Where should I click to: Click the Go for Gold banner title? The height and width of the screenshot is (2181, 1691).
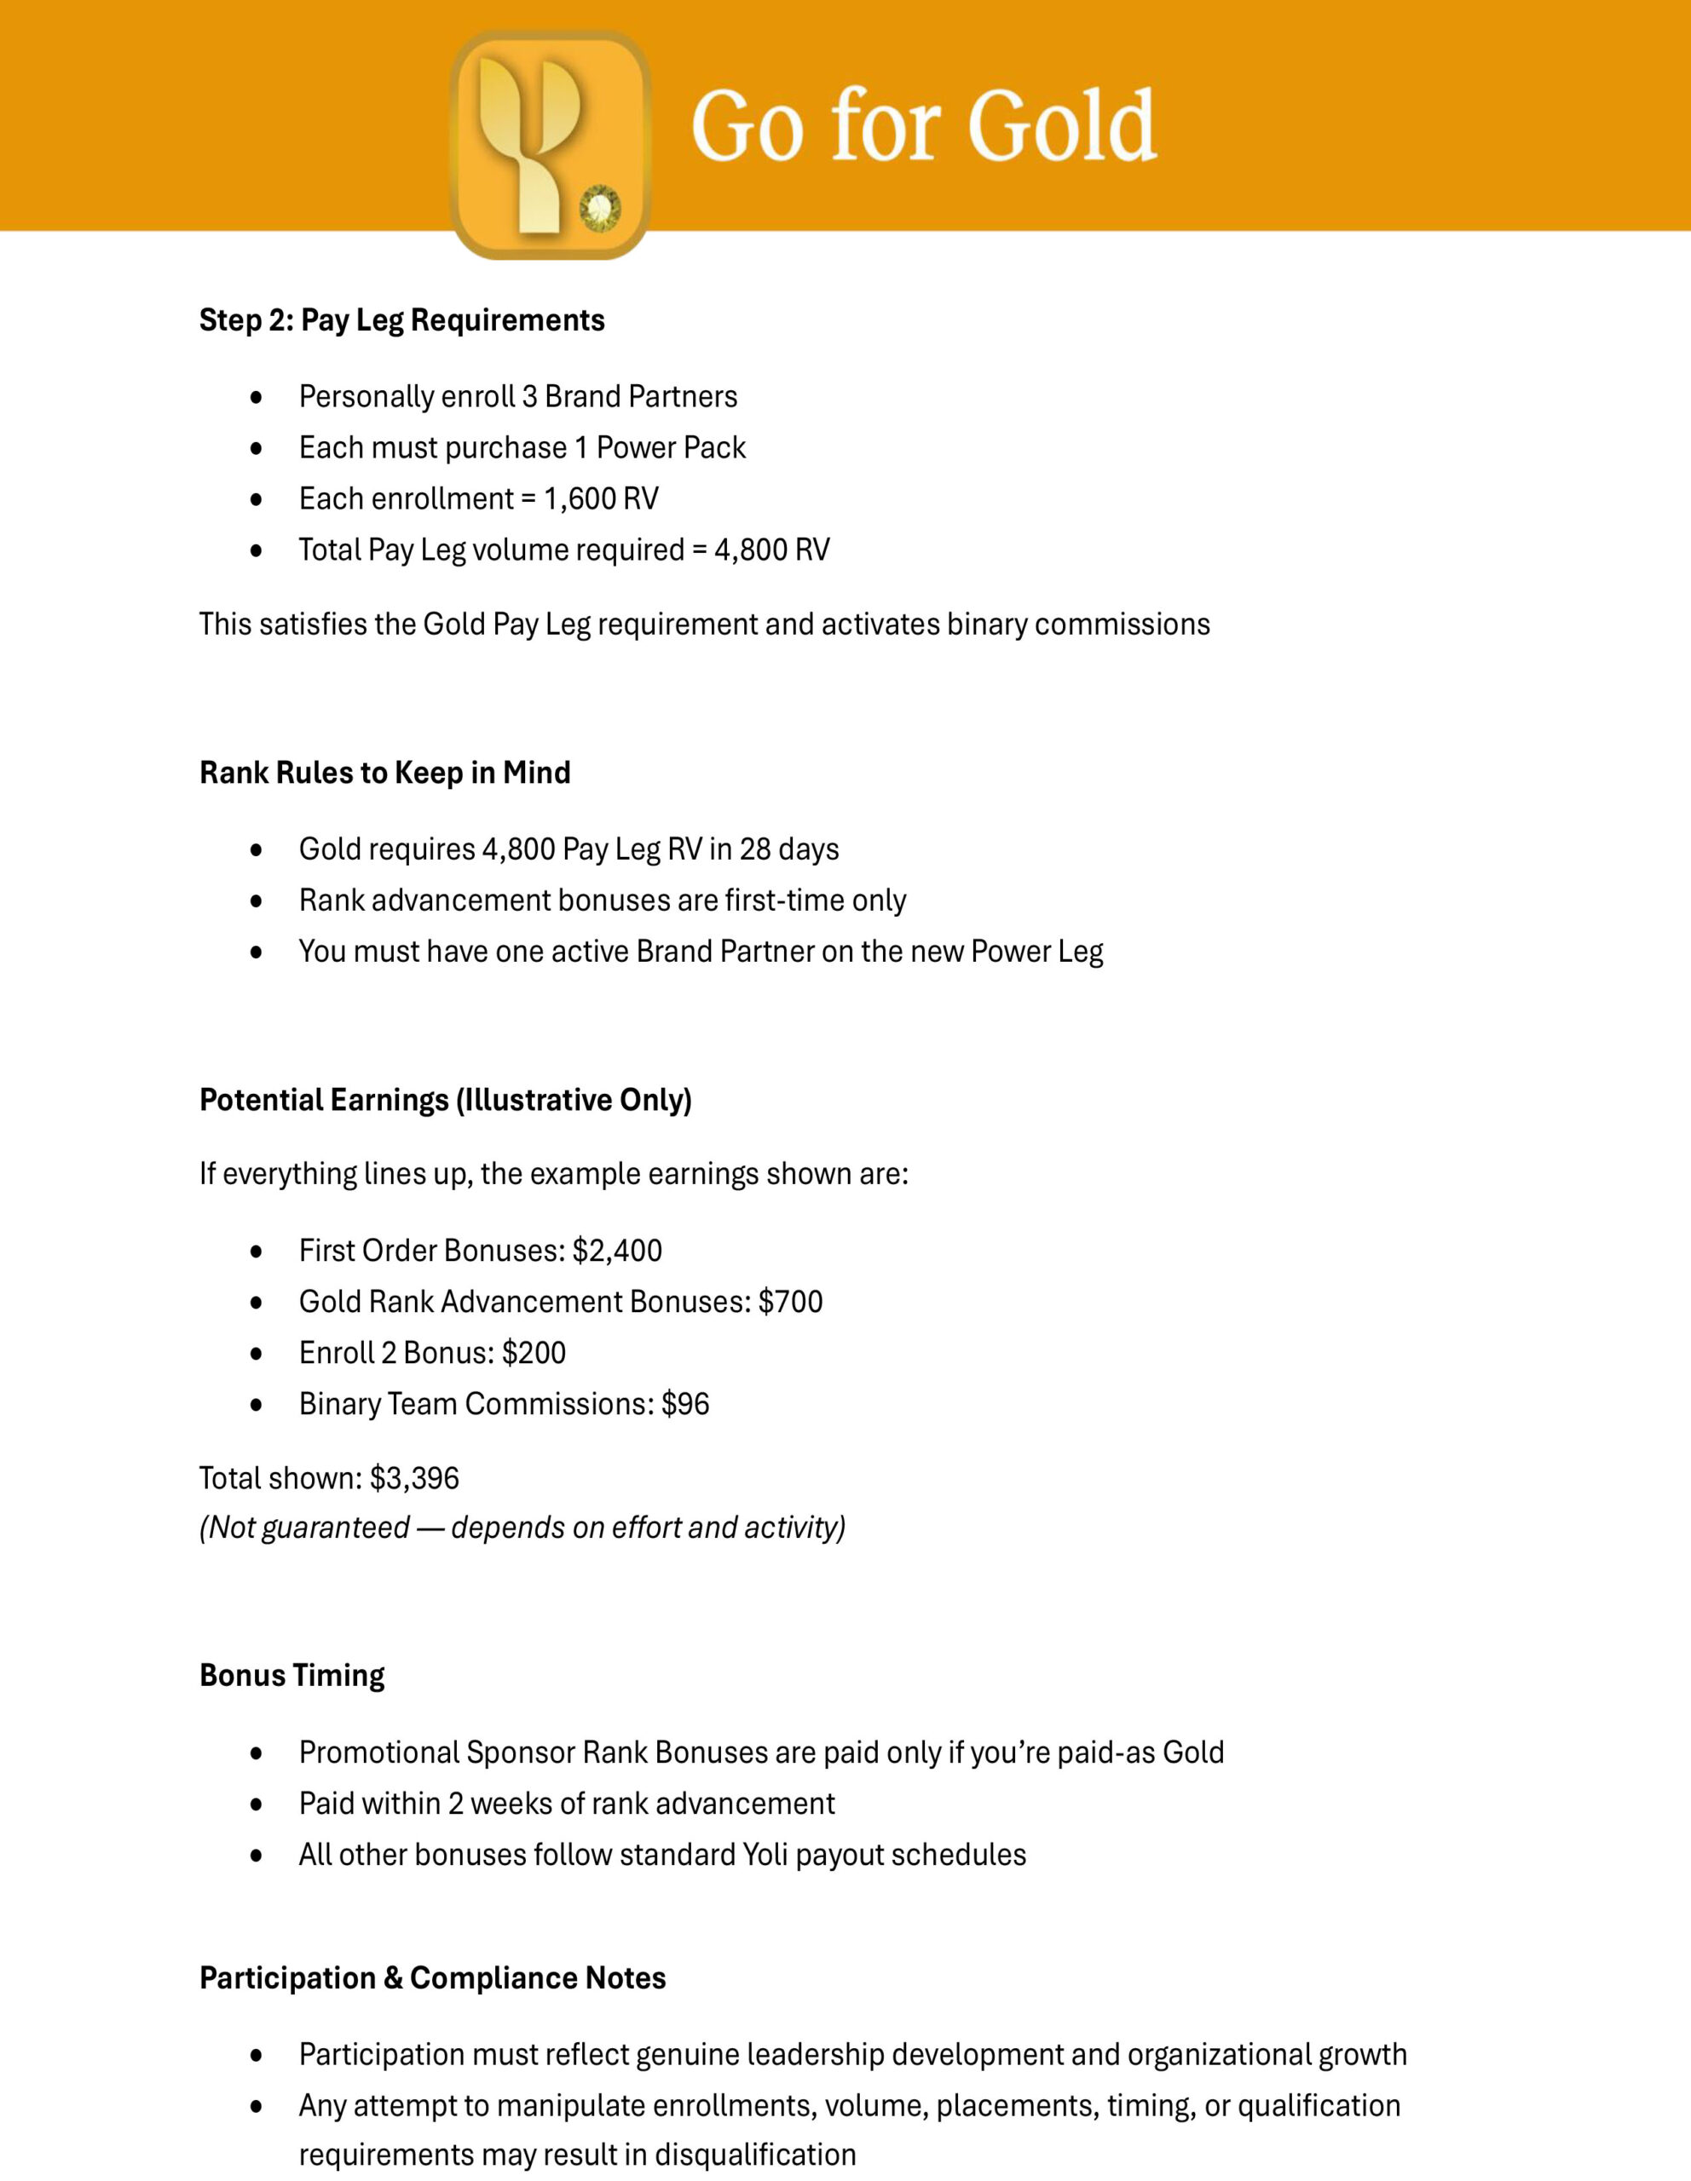tap(923, 126)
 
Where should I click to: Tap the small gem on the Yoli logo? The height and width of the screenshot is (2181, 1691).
tap(600, 209)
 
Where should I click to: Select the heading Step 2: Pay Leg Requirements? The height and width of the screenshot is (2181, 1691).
tap(401, 320)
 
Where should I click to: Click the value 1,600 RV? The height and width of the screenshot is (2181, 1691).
tap(600, 498)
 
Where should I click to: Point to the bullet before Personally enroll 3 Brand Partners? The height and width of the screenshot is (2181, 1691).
tap(257, 398)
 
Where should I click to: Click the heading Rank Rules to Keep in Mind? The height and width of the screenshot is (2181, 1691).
tap(384, 773)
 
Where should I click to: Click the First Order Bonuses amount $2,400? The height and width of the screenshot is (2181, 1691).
tap(617, 1251)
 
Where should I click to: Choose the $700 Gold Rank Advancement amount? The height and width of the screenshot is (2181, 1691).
tap(790, 1301)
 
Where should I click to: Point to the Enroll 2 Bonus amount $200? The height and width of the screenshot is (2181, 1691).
tap(534, 1352)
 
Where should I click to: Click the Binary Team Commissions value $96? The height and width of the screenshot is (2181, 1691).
tap(685, 1403)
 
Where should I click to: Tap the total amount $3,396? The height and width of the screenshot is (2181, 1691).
tap(413, 1478)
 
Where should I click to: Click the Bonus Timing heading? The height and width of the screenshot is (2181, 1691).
tap(291, 1675)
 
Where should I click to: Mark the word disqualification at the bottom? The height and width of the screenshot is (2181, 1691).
tap(755, 2154)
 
